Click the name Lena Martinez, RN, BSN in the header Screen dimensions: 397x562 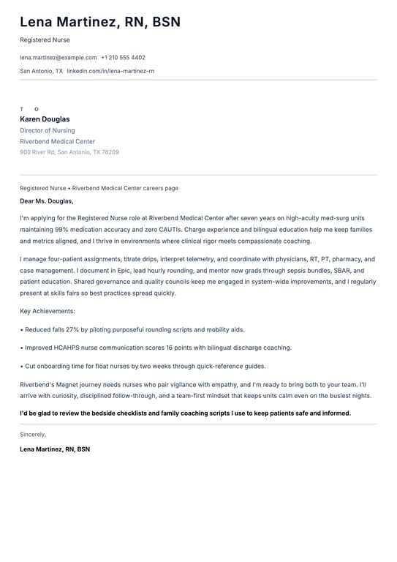click(100, 23)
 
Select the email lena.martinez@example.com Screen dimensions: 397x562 click(58, 57)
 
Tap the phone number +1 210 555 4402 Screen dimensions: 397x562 click(123, 57)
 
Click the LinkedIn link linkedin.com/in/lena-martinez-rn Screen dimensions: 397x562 click(110, 71)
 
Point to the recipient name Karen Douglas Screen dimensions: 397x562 click(45, 119)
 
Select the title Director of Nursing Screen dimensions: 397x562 click(48, 130)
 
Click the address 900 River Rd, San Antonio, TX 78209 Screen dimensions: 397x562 click(69, 152)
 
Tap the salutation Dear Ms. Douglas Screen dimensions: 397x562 click(47, 201)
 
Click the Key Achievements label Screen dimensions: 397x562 click(48, 311)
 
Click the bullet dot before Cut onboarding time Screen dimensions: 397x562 click(22, 366)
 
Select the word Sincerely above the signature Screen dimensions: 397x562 click(33, 434)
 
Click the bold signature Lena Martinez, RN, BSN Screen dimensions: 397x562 click(55, 449)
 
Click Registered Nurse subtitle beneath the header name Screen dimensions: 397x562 click(45, 40)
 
